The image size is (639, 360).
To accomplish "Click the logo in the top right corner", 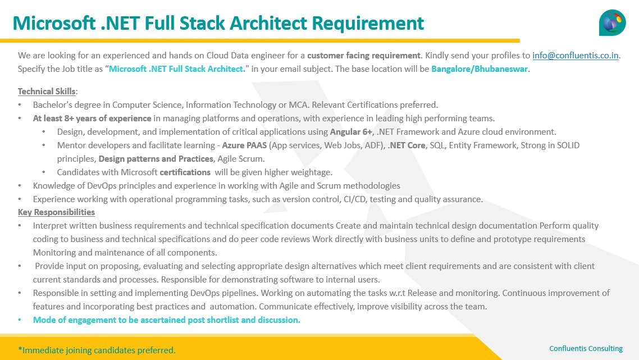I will tap(612, 22).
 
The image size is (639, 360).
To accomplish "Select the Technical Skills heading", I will tap(48, 92).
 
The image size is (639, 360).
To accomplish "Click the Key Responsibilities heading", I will tap(56, 212).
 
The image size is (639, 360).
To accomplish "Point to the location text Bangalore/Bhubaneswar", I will tap(480, 70).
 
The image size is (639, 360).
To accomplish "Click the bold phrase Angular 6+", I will tap(351, 132).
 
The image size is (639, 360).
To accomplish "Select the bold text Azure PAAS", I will tap(245, 145).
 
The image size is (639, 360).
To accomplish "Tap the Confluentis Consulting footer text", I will tap(586, 349).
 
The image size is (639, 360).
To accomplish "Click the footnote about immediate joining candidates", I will tap(97, 350).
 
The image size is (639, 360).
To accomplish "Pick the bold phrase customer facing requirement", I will tap(364, 56).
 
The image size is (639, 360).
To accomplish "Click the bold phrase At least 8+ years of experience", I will tap(92, 119).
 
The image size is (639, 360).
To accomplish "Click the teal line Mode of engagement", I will tap(166, 320).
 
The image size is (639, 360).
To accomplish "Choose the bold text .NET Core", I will tap(407, 145).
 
